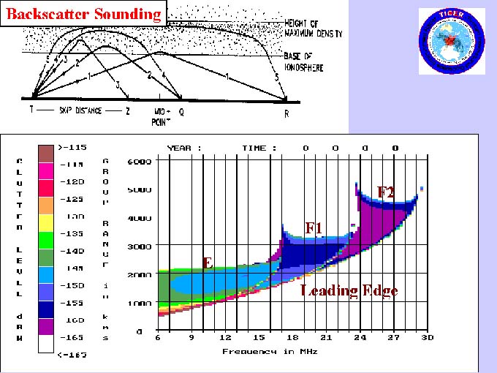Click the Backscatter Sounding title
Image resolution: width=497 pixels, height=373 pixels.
(x=83, y=13)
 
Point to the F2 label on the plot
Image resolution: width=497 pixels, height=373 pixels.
(x=386, y=192)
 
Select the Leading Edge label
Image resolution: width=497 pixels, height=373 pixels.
(x=349, y=291)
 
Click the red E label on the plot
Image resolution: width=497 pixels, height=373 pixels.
(x=208, y=262)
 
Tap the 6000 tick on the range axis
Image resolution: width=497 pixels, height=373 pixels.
(x=139, y=161)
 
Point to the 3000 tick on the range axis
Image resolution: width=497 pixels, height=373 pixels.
(x=139, y=246)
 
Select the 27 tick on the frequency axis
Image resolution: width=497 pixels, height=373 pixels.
(x=393, y=338)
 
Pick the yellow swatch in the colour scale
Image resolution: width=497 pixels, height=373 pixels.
(x=45, y=217)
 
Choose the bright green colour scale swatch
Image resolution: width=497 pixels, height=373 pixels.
(x=45, y=234)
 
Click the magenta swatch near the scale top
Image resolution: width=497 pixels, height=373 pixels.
(x=45, y=166)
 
